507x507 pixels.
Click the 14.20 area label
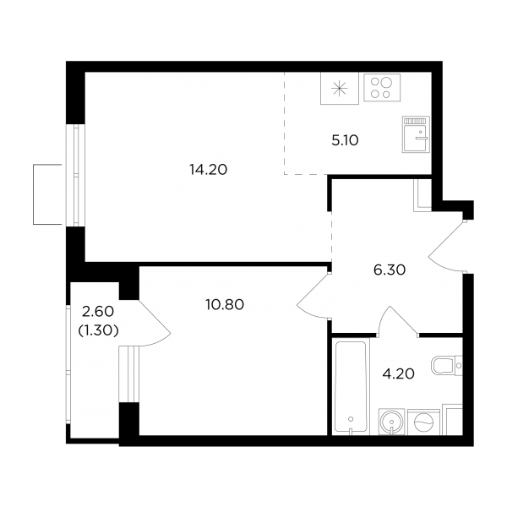[x=209, y=170]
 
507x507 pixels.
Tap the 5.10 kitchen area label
[x=345, y=140]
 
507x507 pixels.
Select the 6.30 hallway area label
[x=390, y=270]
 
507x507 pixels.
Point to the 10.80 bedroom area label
[x=225, y=304]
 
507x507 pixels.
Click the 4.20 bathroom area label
[x=398, y=373]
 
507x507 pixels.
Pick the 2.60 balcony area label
[x=98, y=312]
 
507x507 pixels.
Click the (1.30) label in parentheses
[x=98, y=330]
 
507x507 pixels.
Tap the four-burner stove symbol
[x=382, y=88]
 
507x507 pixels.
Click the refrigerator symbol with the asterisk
[x=340, y=88]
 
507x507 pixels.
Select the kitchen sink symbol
[x=416, y=134]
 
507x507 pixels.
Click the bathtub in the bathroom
[x=351, y=386]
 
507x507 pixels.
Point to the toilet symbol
[x=447, y=366]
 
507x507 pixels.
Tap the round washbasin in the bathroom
[x=391, y=422]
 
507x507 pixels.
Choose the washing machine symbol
[x=423, y=422]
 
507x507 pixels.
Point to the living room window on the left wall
[x=76, y=175]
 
